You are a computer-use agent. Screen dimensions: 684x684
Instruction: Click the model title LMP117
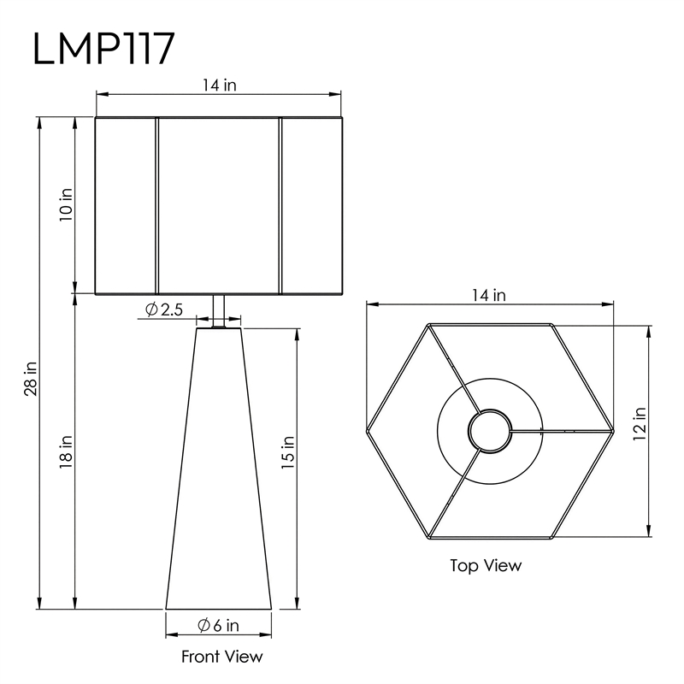pos(103,49)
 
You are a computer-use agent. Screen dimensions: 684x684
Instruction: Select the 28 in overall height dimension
pos(31,379)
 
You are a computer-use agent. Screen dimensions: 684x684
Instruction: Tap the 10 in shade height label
pos(66,204)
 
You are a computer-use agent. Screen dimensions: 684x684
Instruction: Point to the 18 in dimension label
pos(66,452)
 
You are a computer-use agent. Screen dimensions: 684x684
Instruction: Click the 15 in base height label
pos(288,452)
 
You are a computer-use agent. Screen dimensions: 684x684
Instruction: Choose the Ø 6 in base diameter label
pos(218,626)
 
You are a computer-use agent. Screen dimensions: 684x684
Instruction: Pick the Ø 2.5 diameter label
pos(164,310)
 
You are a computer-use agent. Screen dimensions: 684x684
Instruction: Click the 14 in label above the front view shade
pos(219,85)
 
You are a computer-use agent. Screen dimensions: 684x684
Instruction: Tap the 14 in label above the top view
pos(488,295)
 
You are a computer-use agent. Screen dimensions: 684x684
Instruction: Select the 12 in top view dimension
pos(640,423)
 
